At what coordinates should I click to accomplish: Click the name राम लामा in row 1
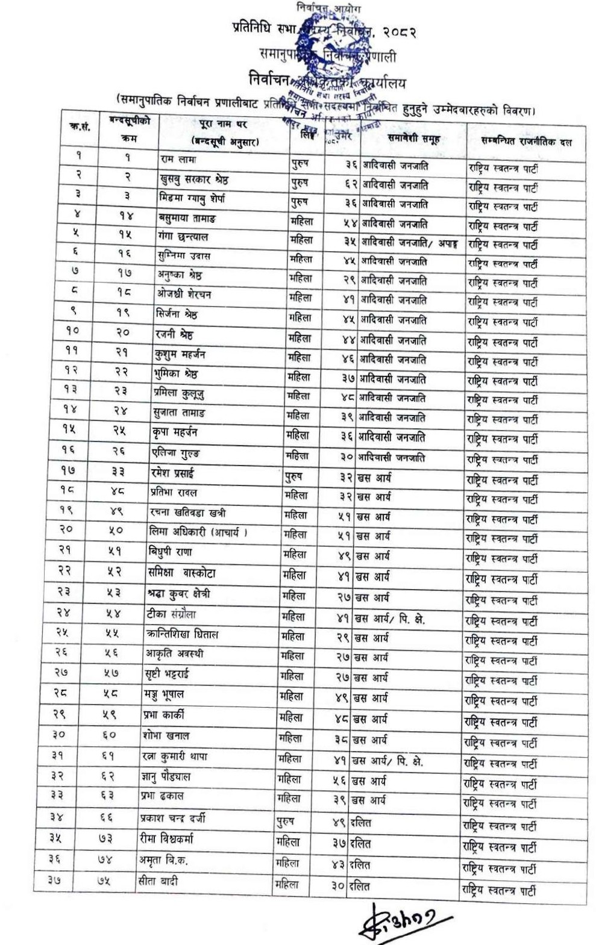(178, 160)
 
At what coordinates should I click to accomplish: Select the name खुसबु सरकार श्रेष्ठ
(194, 179)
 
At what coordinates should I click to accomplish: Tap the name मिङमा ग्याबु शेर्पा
(192, 198)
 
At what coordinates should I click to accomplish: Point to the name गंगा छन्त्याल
(183, 237)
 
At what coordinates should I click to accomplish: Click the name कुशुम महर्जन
(180, 354)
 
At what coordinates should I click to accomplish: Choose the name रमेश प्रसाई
(172, 473)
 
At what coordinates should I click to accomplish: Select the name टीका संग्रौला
(172, 614)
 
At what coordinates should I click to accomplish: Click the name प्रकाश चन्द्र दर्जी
(172, 818)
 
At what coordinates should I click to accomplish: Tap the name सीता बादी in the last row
(158, 881)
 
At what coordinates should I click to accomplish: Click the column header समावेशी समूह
(413, 139)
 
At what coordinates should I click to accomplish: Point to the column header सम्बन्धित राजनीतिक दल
(526, 142)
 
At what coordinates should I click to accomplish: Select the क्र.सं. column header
(80, 127)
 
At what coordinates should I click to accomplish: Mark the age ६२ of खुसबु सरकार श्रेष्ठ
(351, 184)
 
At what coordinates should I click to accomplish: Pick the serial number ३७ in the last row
(55, 880)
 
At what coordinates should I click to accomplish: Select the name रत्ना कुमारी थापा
(175, 756)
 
